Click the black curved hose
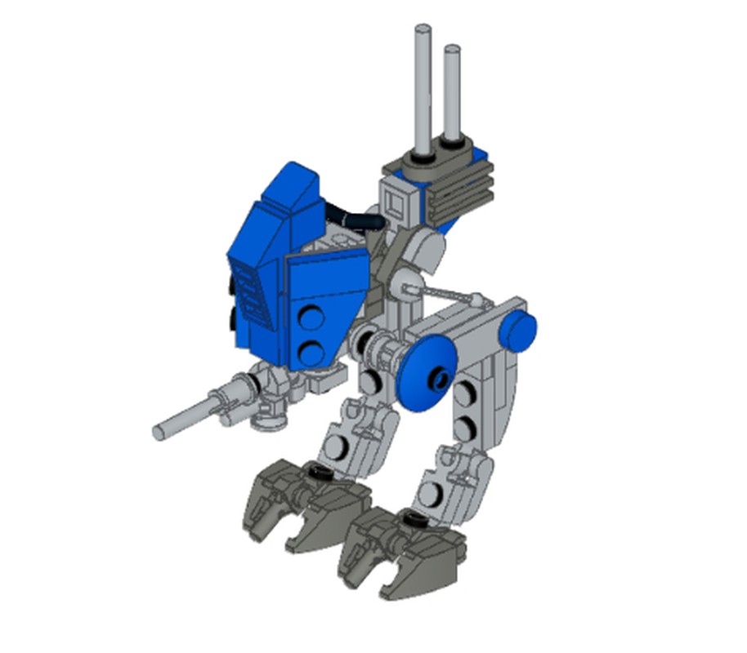coord(355,215)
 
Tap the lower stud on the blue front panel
coord(310,352)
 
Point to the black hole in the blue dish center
coord(442,376)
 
